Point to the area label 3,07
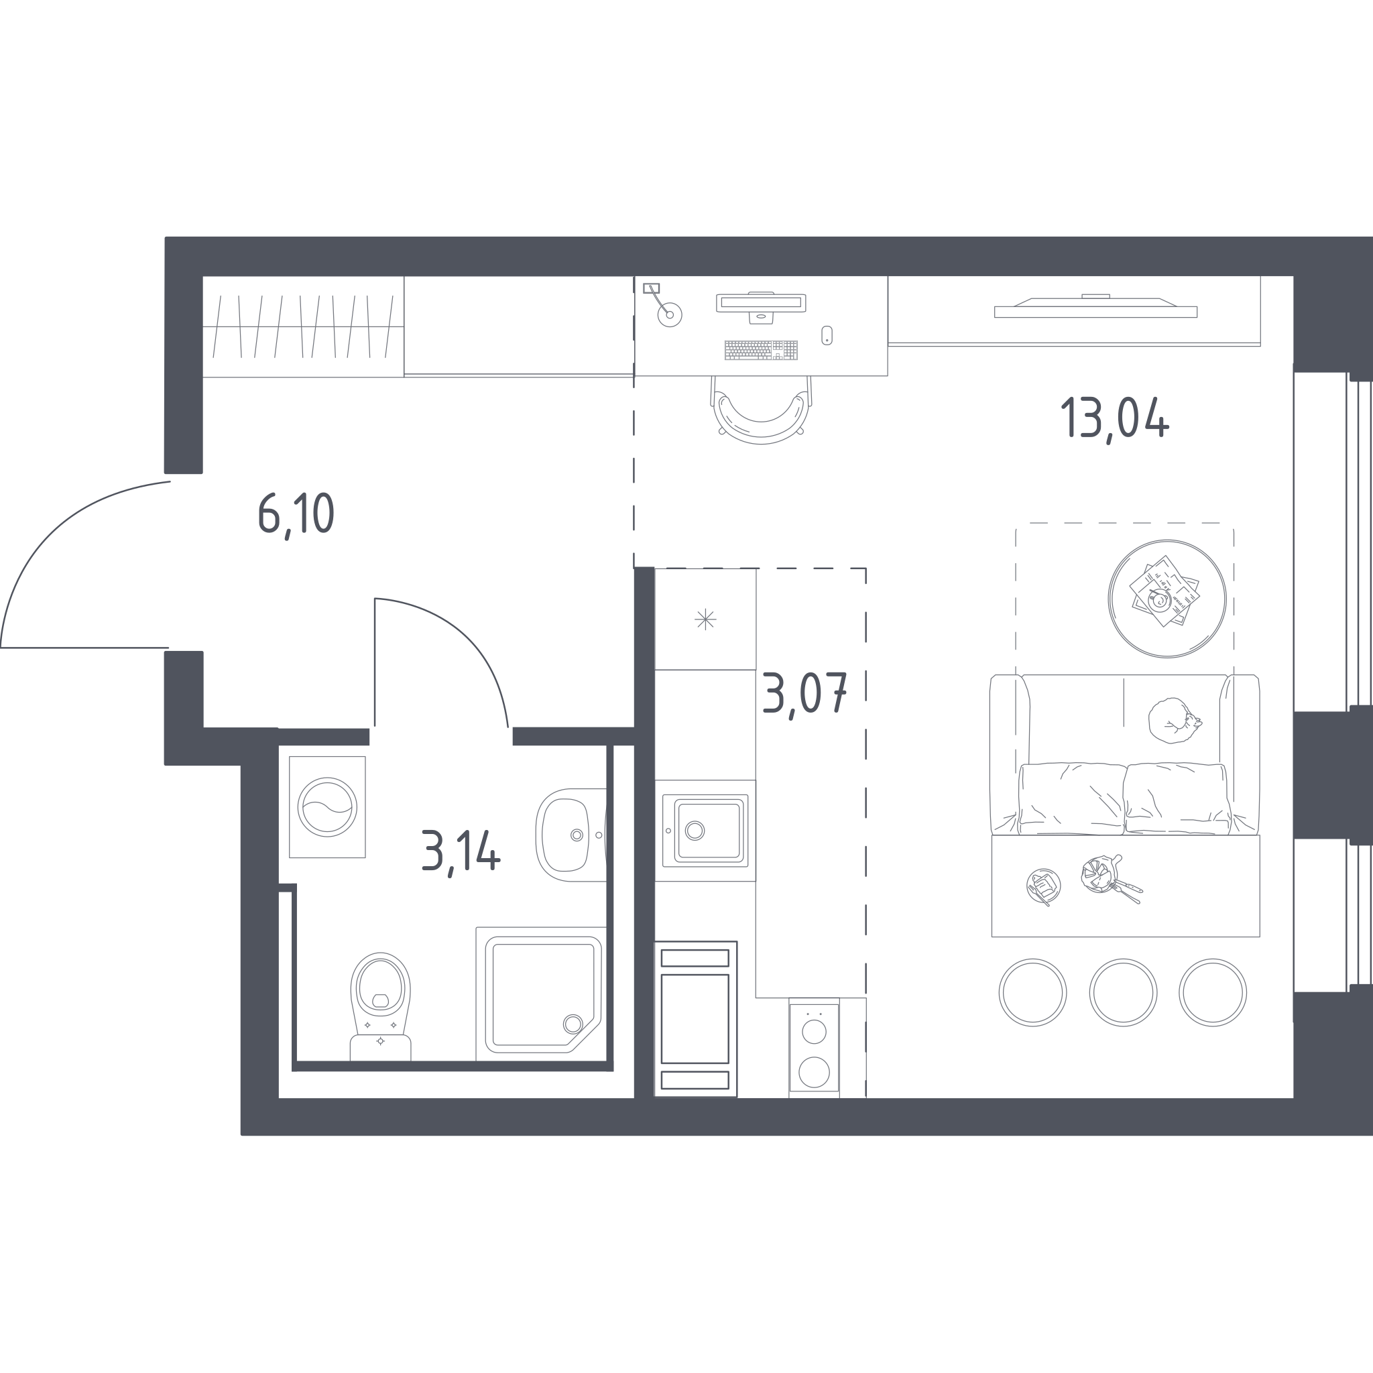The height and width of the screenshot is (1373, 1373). coord(804,695)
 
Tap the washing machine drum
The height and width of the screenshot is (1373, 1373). coord(327,807)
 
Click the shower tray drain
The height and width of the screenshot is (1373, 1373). coord(573,1024)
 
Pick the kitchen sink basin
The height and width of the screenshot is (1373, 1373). coord(707,831)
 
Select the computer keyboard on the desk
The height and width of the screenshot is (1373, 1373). coord(761,351)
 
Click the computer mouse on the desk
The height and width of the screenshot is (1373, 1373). coord(827,335)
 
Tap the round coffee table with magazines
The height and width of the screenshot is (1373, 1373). coord(1167,599)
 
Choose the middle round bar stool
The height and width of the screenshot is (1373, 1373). coord(1123,992)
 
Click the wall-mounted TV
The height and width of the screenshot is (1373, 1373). coord(1095,306)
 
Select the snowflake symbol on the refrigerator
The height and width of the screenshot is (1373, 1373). coord(705,619)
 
